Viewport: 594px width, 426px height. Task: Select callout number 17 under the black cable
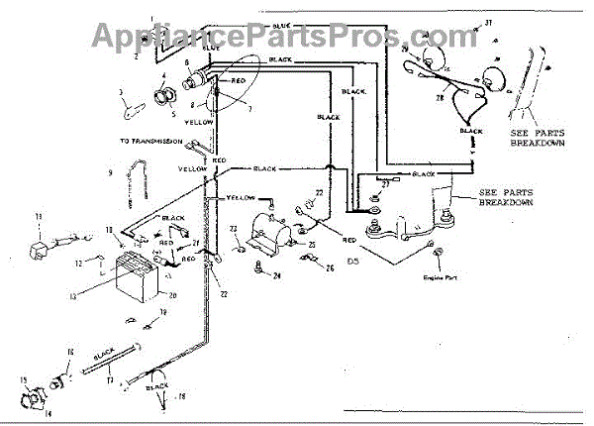pos(110,375)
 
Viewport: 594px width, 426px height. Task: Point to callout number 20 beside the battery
pos(172,296)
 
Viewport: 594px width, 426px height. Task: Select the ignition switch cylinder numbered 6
pos(193,74)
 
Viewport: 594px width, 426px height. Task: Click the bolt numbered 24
pos(259,266)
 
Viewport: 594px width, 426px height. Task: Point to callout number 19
pos(164,311)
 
